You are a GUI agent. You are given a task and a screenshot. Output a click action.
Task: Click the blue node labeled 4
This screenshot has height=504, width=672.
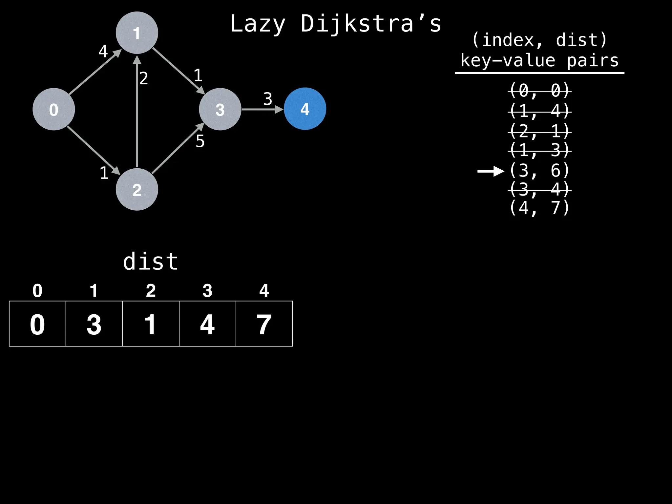[x=305, y=109]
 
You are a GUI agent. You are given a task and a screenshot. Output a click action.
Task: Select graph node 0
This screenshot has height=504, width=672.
[x=54, y=109]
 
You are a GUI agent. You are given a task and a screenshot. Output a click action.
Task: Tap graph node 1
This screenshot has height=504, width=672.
[x=137, y=33]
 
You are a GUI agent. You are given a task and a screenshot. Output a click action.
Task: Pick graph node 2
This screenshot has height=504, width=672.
[x=137, y=189]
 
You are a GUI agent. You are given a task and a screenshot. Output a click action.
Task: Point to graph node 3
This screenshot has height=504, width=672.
[x=220, y=109]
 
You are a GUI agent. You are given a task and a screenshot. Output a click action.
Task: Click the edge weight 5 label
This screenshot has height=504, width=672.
[x=200, y=141]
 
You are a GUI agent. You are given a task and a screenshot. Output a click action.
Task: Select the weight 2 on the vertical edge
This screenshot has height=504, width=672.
[x=144, y=78]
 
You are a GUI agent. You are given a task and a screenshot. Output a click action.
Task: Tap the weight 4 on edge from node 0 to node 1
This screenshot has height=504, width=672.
[x=103, y=51]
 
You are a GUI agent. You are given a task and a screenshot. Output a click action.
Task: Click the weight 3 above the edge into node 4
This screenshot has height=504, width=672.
[x=268, y=99]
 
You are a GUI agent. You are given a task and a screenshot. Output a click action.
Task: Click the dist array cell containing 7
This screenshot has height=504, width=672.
[x=264, y=324]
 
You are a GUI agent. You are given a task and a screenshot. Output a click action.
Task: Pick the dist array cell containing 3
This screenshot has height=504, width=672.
[x=94, y=324]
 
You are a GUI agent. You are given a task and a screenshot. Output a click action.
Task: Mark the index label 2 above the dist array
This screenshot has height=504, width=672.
[x=151, y=291]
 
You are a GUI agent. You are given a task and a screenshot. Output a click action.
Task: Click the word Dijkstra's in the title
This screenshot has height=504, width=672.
[x=371, y=24]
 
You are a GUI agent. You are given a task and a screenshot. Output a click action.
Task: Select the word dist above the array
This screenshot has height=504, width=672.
[x=151, y=262]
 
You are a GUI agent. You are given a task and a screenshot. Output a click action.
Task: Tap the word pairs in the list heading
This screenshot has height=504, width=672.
[x=592, y=61]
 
